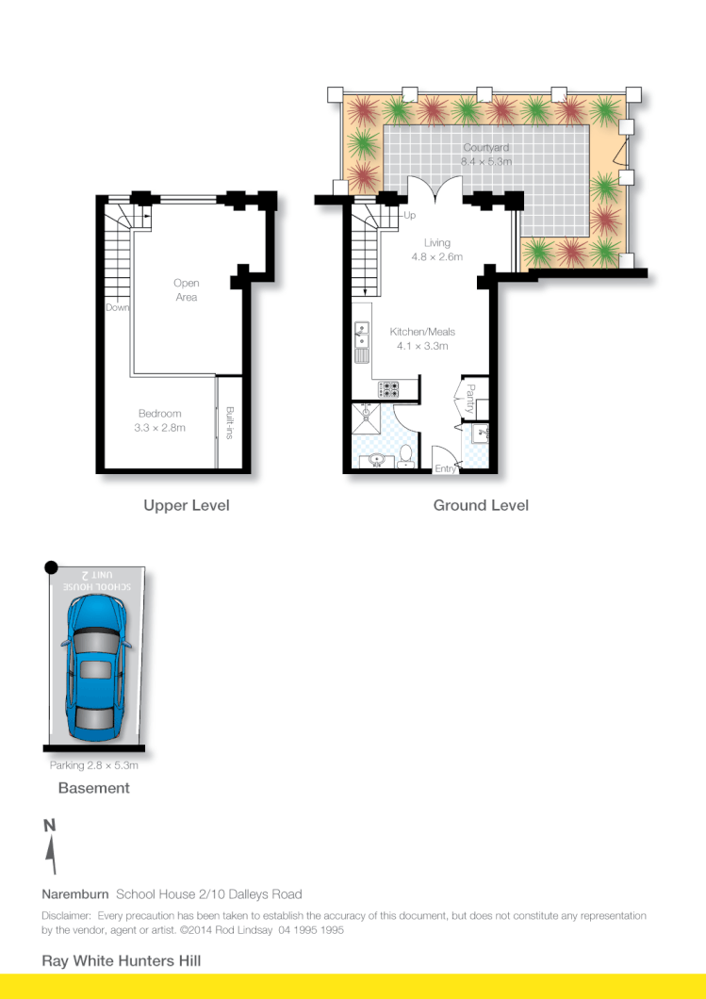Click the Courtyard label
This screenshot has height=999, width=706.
(x=486, y=148)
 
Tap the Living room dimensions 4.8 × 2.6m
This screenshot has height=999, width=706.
(x=436, y=256)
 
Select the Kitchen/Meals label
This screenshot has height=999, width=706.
(x=422, y=332)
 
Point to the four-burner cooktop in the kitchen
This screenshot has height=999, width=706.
(x=388, y=387)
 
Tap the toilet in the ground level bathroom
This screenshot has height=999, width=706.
(x=406, y=456)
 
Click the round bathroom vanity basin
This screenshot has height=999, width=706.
(x=376, y=460)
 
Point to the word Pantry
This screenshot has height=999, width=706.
(x=469, y=398)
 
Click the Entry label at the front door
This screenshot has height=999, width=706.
(x=444, y=468)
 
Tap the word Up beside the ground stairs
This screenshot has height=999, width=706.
(x=410, y=216)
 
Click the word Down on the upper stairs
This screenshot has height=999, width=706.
(x=118, y=307)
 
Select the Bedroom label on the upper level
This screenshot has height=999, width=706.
(x=159, y=414)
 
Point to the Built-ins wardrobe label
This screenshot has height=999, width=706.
(x=230, y=423)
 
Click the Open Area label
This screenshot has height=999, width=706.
(x=187, y=290)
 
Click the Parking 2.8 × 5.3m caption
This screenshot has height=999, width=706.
(x=94, y=765)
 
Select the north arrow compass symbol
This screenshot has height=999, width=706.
(x=51, y=847)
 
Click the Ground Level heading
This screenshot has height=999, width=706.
(x=481, y=505)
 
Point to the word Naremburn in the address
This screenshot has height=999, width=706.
(x=75, y=893)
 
